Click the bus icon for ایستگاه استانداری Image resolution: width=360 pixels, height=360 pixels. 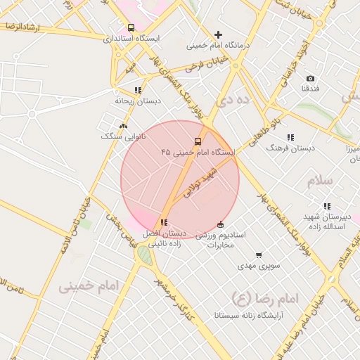(x=131, y=27)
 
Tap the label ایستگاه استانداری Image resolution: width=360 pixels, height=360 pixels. (x=131, y=38)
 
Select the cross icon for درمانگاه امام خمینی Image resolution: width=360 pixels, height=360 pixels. (x=218, y=34)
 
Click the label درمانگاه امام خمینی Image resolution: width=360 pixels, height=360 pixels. (x=219, y=44)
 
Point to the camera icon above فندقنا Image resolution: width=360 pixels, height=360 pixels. (x=310, y=78)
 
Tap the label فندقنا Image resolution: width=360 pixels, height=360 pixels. (x=311, y=89)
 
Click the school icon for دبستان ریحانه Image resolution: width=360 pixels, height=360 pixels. (x=138, y=90)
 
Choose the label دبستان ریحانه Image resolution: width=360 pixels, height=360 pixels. (x=138, y=101)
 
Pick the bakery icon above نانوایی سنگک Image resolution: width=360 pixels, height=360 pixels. (x=124, y=126)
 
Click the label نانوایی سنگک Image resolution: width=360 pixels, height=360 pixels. (x=124, y=136)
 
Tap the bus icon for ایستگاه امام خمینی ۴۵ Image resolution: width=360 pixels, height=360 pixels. (x=198, y=141)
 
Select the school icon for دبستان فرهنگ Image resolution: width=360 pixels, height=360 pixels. (x=290, y=137)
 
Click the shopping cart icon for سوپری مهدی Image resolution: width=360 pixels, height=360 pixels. (x=259, y=255)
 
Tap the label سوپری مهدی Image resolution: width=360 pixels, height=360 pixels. (x=259, y=266)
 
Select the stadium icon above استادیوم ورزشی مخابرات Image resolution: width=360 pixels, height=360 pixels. (x=221, y=224)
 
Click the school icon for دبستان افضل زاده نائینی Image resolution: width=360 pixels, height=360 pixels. (x=164, y=223)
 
